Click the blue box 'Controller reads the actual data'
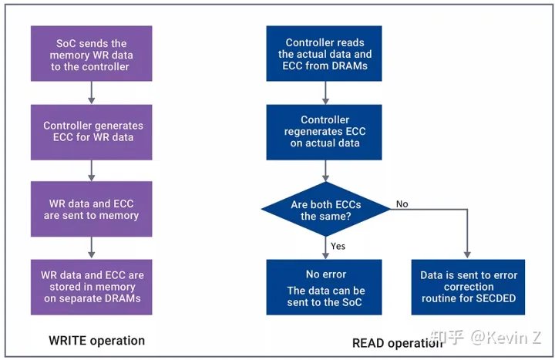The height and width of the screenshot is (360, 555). click(324, 54)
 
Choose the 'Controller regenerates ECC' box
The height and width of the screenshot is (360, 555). click(324, 132)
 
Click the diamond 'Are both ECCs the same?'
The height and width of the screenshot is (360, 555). click(324, 210)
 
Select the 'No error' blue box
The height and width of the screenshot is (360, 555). click(324, 286)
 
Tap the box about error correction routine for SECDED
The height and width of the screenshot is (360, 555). click(469, 286)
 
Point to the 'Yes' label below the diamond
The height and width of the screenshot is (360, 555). click(338, 246)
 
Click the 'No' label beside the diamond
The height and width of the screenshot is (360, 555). click(402, 204)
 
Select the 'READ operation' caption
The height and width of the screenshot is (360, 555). click(392, 342)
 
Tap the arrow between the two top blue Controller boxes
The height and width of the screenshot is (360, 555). click(324, 93)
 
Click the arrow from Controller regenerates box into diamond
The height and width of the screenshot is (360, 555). click(324, 170)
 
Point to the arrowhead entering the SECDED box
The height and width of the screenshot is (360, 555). click(468, 254)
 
